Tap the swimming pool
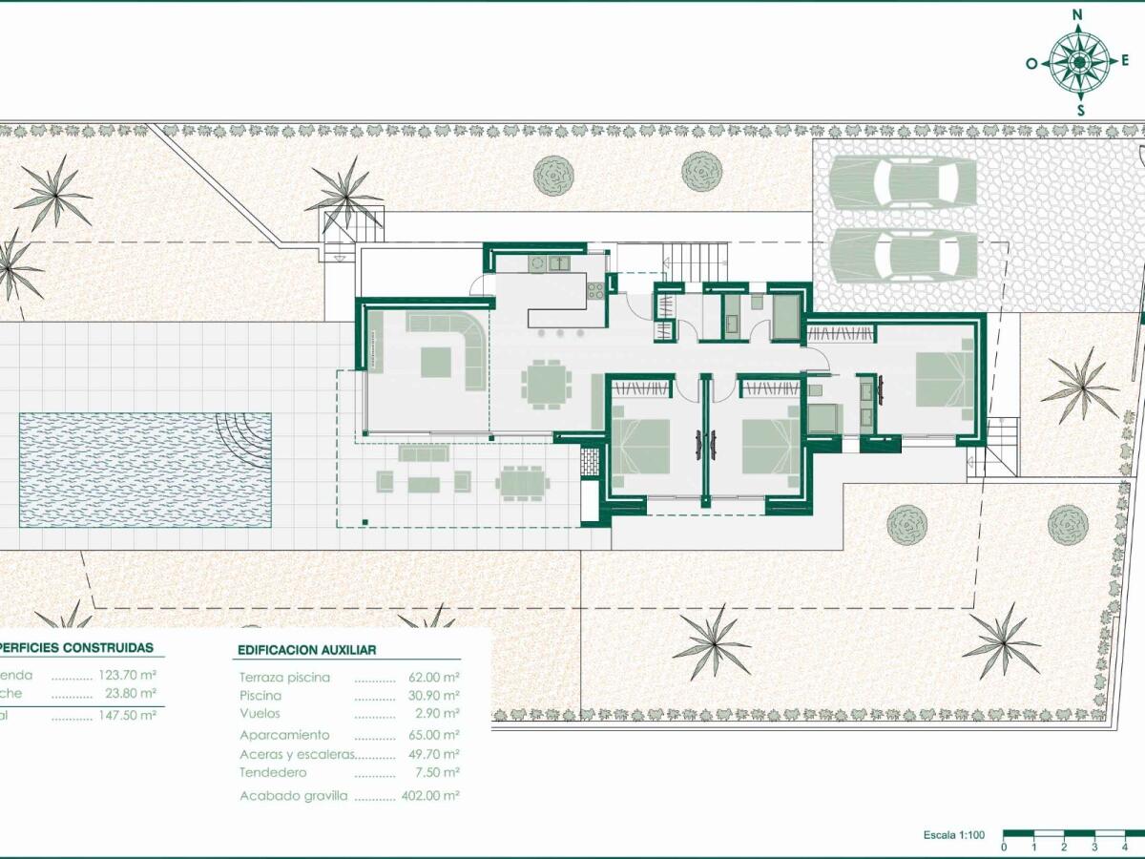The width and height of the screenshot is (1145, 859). coord(143,470)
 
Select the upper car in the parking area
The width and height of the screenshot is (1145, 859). coord(903,181)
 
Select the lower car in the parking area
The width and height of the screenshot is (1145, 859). coord(903,255)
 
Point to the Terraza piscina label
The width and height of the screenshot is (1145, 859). coord(284,678)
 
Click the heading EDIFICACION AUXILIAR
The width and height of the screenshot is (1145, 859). coord(305,650)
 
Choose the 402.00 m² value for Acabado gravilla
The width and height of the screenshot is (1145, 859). coord(429,795)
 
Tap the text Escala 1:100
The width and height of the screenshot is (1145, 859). coord(953,835)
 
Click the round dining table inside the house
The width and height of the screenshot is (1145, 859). coord(546,384)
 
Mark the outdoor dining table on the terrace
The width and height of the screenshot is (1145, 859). coord(521,482)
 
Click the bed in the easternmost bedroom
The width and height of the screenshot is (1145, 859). coord(943,379)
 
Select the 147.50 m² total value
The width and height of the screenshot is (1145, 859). coord(127,714)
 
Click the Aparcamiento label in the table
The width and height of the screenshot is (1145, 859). coord(284,735)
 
